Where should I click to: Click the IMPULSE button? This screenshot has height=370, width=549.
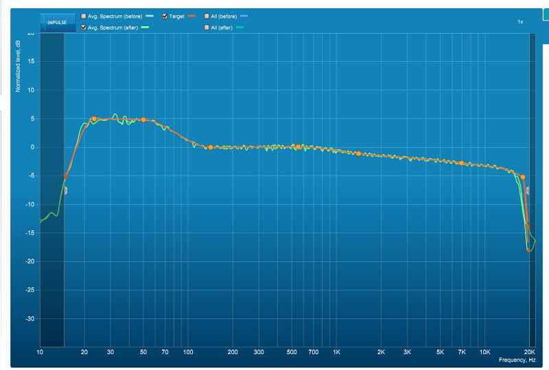(58, 21)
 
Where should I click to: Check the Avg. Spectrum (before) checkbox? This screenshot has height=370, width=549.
(84, 15)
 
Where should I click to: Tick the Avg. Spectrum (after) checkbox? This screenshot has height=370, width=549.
(84, 27)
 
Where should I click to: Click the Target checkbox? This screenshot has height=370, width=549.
(164, 15)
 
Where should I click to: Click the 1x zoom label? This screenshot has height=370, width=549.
(520, 22)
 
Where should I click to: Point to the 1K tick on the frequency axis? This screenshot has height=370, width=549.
(336, 351)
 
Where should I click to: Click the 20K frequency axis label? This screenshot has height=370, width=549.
(529, 351)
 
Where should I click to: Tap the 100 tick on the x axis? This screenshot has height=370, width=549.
(188, 351)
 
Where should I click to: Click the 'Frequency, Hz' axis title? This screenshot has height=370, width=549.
(516, 360)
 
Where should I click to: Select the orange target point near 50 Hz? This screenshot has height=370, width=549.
(143, 120)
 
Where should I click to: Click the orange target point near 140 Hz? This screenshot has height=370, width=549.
(210, 147)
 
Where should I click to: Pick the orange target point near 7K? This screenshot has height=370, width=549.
(462, 163)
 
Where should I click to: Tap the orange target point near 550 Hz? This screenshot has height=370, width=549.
(299, 147)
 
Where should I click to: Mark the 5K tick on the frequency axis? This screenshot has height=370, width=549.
(440, 351)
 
